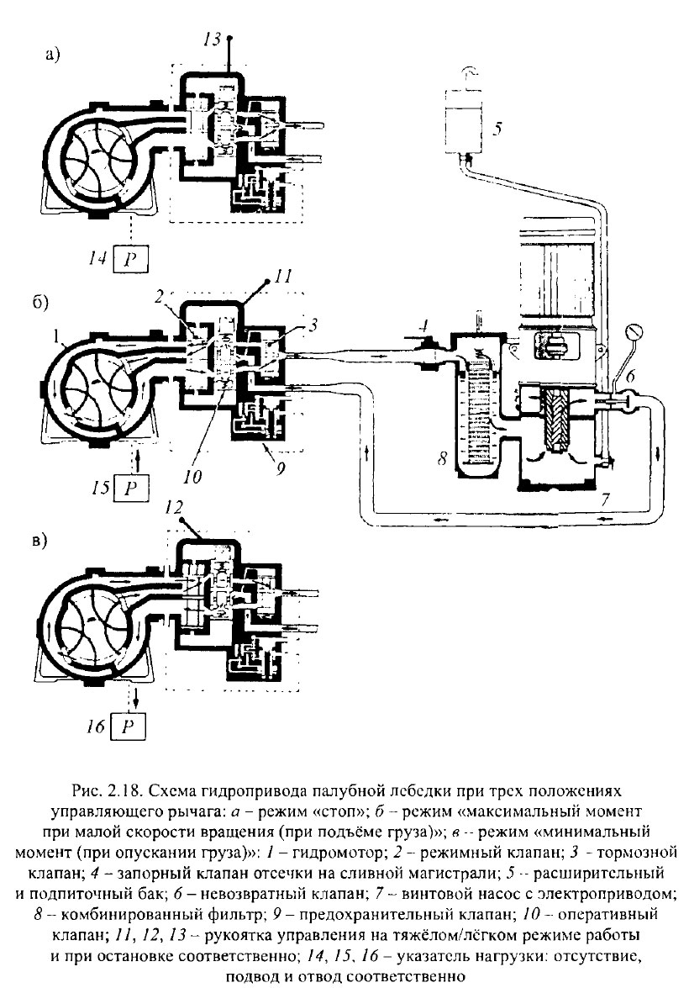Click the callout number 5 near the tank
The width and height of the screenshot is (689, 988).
pos(497,129)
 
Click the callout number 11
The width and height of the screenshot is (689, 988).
pos(282,275)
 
